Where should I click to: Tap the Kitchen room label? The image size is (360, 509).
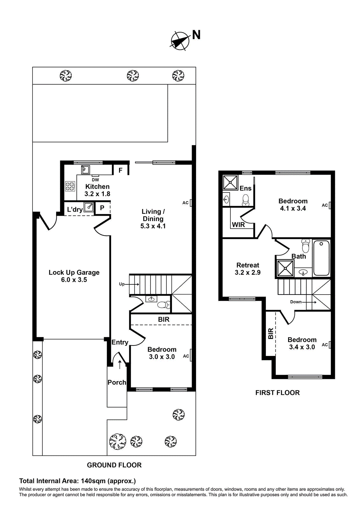click(97, 187)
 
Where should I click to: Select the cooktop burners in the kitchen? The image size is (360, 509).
click(70, 186)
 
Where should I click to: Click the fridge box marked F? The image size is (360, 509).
click(120, 170)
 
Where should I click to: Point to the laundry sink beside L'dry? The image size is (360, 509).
click(89, 207)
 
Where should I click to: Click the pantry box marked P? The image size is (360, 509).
click(102, 208)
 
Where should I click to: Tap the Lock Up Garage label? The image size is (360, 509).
click(74, 273)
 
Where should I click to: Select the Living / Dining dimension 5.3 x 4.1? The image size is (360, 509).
click(153, 226)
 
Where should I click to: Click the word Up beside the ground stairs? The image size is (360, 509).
click(122, 284)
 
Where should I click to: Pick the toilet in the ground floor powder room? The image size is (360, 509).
click(164, 305)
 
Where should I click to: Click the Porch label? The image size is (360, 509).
click(117, 382)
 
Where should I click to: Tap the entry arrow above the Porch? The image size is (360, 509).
click(120, 364)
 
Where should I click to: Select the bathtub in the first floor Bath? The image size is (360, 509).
click(321, 258)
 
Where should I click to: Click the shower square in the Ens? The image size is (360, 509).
click(230, 182)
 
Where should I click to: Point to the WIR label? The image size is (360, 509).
click(238, 225)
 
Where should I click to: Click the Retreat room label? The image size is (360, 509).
click(248, 265)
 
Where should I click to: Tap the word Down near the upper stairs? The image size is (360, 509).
click(296, 302)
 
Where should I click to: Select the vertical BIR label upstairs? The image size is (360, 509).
click(271, 333)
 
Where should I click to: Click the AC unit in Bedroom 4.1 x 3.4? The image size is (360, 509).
click(330, 205)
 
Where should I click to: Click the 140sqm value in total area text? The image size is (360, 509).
click(94, 481)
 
